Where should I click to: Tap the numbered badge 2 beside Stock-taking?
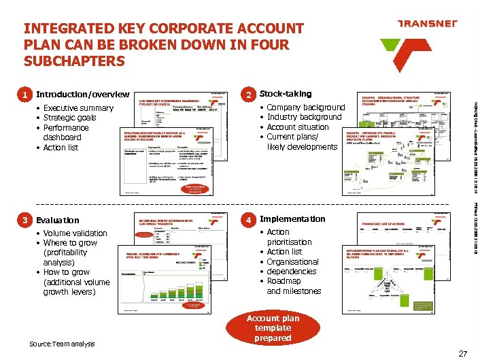click(x=250, y=95)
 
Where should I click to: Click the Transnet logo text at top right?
click(x=428, y=24)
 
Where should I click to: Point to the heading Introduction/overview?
click(x=82, y=95)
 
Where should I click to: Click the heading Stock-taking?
click(x=286, y=94)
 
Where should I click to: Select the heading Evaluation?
click(x=57, y=220)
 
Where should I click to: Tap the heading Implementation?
click(x=292, y=219)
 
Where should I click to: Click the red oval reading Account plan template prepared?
click(x=273, y=328)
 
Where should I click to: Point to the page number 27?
click(x=463, y=353)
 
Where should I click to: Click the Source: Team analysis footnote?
click(x=63, y=344)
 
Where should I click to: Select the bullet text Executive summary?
click(x=78, y=108)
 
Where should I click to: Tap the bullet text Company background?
click(x=306, y=108)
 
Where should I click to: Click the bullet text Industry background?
click(x=304, y=117)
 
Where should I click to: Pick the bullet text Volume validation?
click(x=75, y=233)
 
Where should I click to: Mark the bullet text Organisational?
click(x=292, y=262)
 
